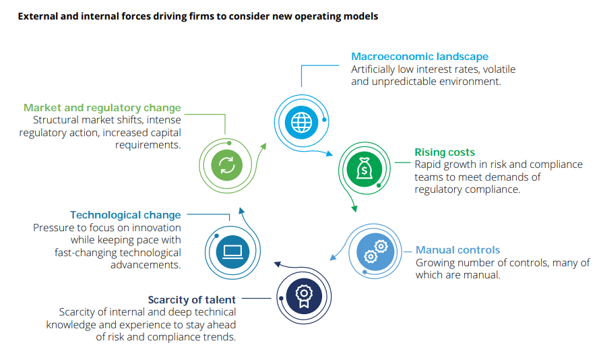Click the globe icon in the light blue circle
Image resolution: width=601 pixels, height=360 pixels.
[x=300, y=122]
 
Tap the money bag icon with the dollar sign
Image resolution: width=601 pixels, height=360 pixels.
[x=364, y=169]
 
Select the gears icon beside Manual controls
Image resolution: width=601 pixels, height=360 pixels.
[x=375, y=251]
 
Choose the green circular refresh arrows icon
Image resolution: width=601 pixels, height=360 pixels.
[x=227, y=165]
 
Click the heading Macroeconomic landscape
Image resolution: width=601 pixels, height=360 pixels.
[x=420, y=57]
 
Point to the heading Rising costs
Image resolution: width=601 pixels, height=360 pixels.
[x=445, y=152]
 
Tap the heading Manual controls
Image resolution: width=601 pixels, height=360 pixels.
[x=457, y=250]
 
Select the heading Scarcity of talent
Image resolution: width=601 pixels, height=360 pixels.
[x=192, y=299]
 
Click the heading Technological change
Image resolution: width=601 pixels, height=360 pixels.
[x=125, y=215]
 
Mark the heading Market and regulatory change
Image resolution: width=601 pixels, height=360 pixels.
[x=102, y=108]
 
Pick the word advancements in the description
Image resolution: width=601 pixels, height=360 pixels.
[x=146, y=265]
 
